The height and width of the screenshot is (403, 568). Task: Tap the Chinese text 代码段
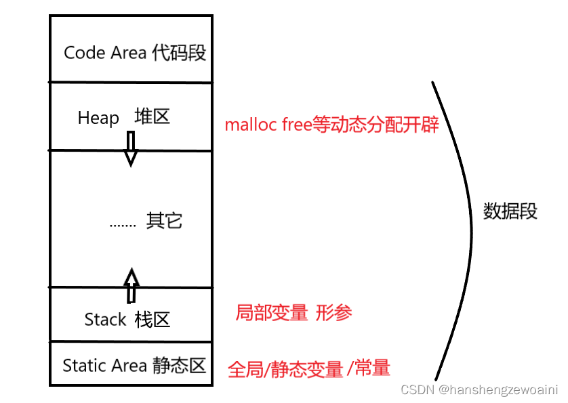[179, 53]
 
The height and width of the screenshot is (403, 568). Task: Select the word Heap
[98, 118]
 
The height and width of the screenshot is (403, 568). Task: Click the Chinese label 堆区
[152, 116]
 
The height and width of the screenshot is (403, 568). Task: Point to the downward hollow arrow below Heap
[131, 148]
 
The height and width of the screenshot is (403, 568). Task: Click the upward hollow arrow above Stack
[131, 284]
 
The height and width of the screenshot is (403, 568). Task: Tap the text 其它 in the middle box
[164, 221]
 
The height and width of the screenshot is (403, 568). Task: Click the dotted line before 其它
[123, 223]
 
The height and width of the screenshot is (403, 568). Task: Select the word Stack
[105, 319]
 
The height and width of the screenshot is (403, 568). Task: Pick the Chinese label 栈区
[153, 319]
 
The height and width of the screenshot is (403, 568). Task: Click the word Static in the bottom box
[85, 366]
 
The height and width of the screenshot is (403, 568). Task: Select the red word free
[297, 126]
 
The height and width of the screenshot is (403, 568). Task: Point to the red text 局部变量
[271, 313]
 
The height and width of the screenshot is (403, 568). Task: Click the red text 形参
[333, 313]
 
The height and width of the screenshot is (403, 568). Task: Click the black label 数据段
[510, 211]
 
